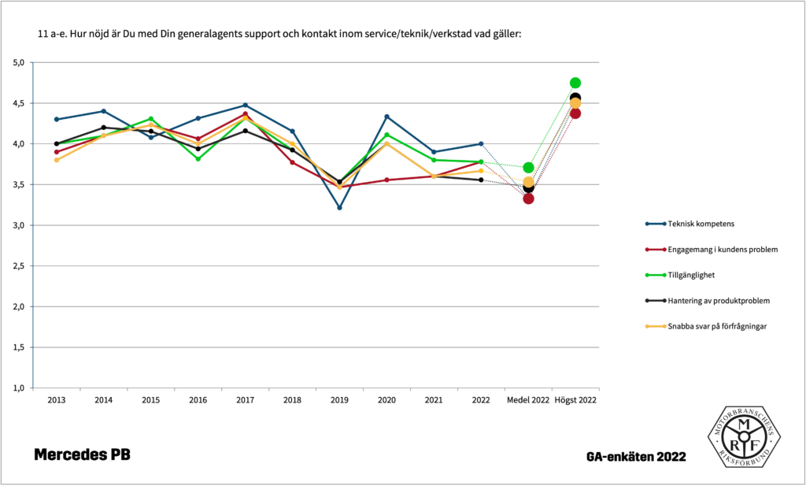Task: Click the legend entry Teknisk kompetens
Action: (x=701, y=224)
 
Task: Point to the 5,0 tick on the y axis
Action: (x=20, y=62)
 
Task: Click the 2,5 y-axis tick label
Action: (x=20, y=265)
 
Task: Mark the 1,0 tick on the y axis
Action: (x=20, y=388)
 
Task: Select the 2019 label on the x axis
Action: (x=339, y=400)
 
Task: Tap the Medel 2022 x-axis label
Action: (x=528, y=400)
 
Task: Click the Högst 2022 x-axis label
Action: (x=575, y=400)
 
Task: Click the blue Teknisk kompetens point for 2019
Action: (x=339, y=207)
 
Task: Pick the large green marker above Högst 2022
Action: (x=575, y=83)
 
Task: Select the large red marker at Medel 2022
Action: (x=528, y=198)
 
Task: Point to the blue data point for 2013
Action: (x=56, y=119)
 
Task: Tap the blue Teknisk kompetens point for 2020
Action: (x=386, y=117)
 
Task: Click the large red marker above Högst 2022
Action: (x=575, y=113)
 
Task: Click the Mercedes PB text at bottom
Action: (x=82, y=455)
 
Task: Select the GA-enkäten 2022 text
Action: (x=636, y=457)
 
